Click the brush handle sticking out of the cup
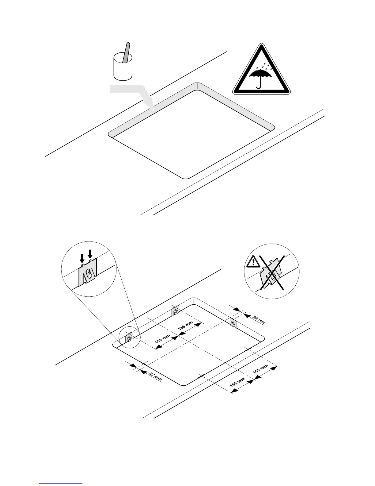coord(127,51)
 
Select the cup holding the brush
coord(123,69)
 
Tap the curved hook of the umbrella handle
coord(259,87)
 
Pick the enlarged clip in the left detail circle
coord(88,271)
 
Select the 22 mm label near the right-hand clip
coord(258,319)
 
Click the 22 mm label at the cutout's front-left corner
coord(155,376)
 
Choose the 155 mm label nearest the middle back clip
coord(185,326)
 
